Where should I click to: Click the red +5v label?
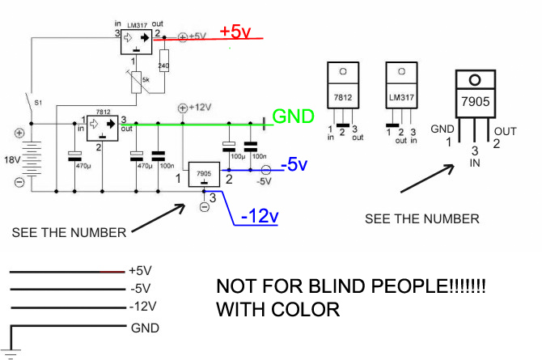pyautogui.click(x=236, y=32)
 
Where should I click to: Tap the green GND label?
pyautogui.click(x=293, y=116)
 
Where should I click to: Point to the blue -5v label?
pyautogui.click(x=294, y=166)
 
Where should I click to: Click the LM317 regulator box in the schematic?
pyautogui.click(x=136, y=39)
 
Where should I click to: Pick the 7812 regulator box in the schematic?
pyautogui.click(x=102, y=125)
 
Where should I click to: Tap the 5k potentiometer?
pyautogui.click(x=140, y=80)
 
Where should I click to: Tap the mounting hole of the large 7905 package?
pyautogui.click(x=475, y=79)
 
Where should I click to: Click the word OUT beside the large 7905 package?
pyautogui.click(x=506, y=131)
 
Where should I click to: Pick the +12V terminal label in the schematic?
pyautogui.click(x=198, y=107)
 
